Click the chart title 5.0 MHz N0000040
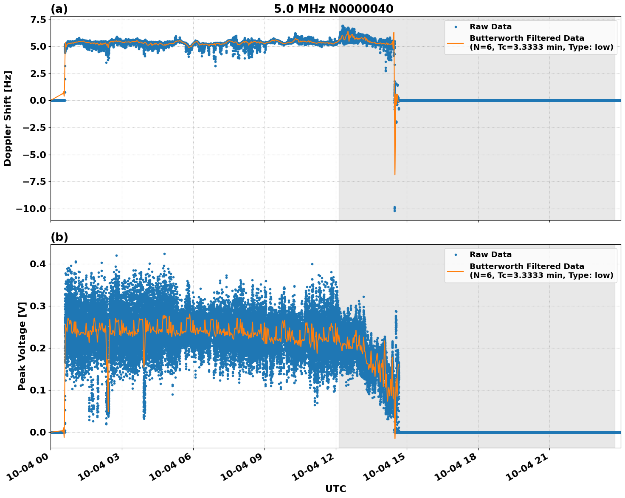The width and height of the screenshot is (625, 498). pyautogui.click(x=333, y=9)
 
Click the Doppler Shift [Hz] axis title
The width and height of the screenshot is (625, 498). pyautogui.click(x=8, y=118)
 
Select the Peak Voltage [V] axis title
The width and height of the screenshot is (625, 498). pyautogui.click(x=22, y=346)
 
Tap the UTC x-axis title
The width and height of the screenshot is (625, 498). pyautogui.click(x=335, y=489)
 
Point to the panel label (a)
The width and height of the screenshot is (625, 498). pyautogui.click(x=59, y=9)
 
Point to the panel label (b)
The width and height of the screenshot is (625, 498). pyautogui.click(x=59, y=237)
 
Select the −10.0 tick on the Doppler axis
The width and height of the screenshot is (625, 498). pyautogui.click(x=31, y=209)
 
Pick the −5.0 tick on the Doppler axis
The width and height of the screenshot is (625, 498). pyautogui.click(x=33, y=155)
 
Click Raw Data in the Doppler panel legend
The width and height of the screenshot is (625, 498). pyautogui.click(x=490, y=27)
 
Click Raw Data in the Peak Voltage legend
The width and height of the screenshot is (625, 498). pyautogui.click(x=490, y=255)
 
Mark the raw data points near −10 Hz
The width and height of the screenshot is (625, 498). pyautogui.click(x=394, y=209)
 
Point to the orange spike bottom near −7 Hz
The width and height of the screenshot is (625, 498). pyautogui.click(x=395, y=174)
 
